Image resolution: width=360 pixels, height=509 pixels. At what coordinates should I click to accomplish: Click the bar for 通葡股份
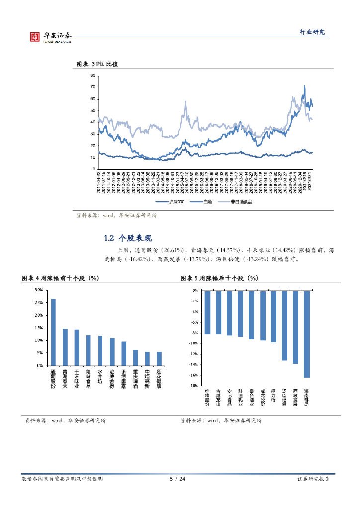(53, 332)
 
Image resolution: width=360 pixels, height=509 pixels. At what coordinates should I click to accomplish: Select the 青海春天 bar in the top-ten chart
(65, 347)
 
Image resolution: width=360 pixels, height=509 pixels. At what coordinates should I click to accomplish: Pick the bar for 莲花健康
(159, 358)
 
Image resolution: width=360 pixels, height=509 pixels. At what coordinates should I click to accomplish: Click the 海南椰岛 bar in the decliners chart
(307, 334)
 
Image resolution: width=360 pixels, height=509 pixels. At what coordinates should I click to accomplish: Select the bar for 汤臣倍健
(284, 326)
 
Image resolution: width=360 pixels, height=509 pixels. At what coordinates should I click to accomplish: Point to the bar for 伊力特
(273, 317)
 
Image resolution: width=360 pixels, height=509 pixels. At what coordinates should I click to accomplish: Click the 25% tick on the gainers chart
(38, 302)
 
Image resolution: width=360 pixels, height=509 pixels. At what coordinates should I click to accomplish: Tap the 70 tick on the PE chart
(92, 87)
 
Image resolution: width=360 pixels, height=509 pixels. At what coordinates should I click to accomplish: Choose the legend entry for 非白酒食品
(237, 202)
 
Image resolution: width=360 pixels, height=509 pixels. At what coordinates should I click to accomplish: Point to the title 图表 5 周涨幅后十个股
(219, 278)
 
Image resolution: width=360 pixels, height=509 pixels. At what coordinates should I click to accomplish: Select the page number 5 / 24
(178, 479)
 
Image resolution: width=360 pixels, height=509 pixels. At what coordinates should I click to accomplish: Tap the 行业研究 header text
(312, 32)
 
